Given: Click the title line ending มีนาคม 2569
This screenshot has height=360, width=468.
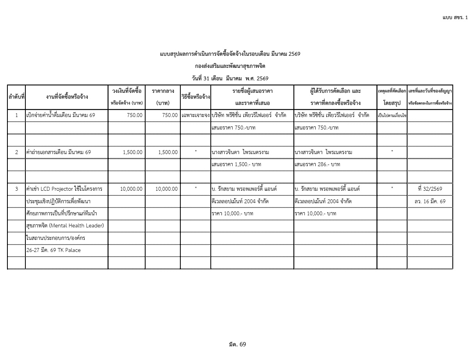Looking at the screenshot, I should (x=230, y=54).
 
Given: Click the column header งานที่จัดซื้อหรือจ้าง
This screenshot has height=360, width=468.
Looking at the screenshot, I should (x=66, y=97).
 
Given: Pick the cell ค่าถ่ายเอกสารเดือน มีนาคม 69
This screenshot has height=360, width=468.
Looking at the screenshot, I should (x=59, y=152).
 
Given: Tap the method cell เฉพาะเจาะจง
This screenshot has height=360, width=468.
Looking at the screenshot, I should (x=196, y=116).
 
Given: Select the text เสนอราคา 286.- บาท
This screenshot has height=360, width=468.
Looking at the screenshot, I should (x=317, y=165).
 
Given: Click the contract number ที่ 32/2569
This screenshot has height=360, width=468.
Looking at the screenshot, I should (x=430, y=189).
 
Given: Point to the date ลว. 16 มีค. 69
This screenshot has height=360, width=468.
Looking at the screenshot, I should (x=430, y=201).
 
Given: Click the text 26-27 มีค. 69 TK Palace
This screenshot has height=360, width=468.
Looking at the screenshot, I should (x=53, y=250).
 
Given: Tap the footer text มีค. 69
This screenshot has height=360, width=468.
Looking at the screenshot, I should (x=237, y=344).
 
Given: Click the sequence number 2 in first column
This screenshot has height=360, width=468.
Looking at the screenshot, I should (x=16, y=152).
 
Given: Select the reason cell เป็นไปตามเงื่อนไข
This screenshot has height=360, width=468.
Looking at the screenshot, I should (x=392, y=116).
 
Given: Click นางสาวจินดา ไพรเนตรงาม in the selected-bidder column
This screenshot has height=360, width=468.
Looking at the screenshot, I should (x=323, y=152).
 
